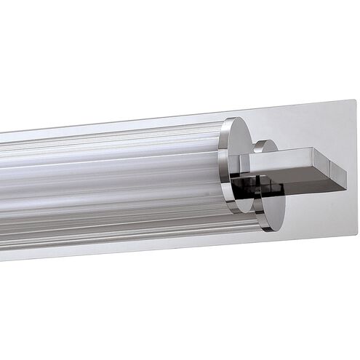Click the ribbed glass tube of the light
[109, 182]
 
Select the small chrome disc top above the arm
[267, 145]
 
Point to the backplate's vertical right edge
[355, 167]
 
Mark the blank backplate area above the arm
[305, 127]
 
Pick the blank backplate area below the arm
[313, 215]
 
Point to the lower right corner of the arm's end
[344, 191]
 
